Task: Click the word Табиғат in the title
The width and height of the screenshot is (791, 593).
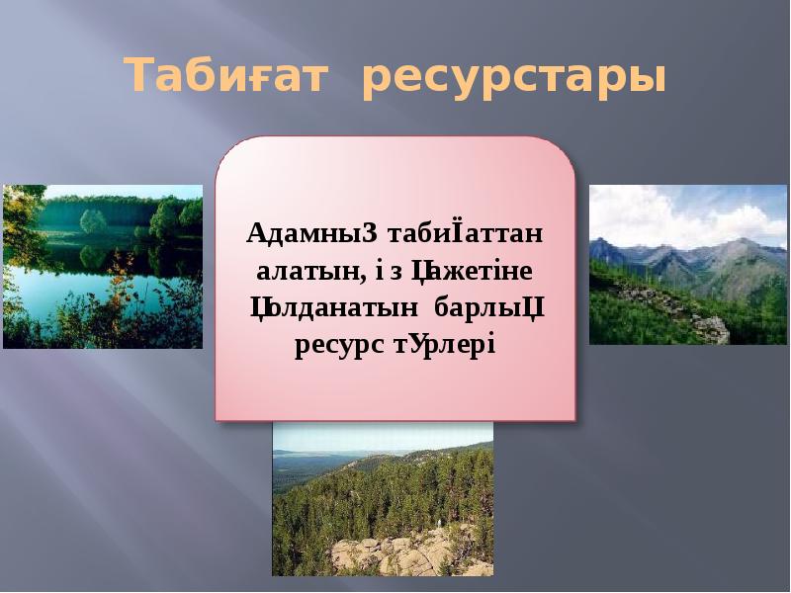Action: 226,77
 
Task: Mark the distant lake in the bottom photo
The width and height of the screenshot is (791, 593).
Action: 307,457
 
